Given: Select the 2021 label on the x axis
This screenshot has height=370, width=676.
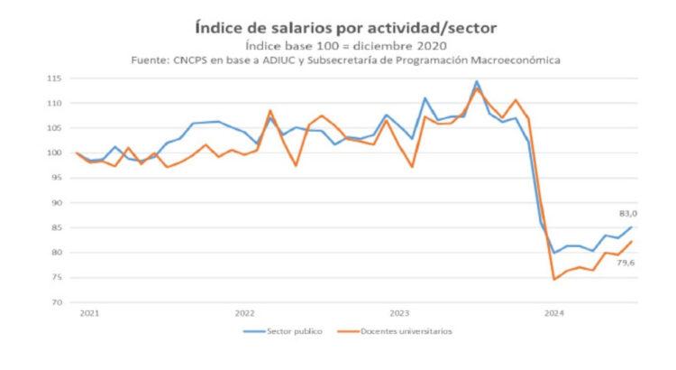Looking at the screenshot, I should (88, 314).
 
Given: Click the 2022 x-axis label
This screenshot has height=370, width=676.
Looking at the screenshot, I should (244, 314).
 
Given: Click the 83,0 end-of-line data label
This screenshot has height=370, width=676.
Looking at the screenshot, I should (627, 213).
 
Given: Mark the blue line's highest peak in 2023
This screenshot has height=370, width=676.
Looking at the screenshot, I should (477, 81).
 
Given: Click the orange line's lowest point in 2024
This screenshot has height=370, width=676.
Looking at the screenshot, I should (553, 279).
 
